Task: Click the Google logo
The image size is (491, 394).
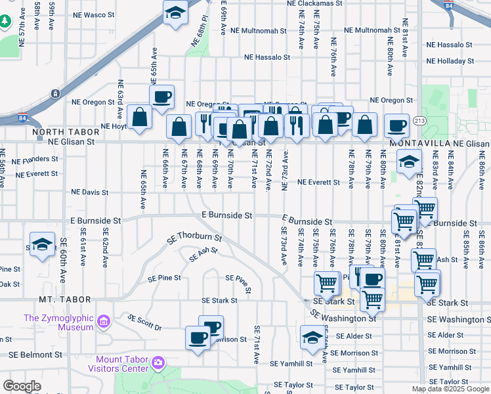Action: [22, 386]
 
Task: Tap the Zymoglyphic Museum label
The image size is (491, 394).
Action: [58, 322]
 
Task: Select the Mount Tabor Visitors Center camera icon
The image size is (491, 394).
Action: [158, 362]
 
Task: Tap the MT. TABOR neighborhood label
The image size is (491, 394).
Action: [64, 299]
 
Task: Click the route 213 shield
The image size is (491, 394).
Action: [421, 121]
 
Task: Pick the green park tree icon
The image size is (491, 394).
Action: [5, 22]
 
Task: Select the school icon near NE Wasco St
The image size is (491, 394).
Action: [175, 13]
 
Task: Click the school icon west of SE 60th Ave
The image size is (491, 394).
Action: [42, 244]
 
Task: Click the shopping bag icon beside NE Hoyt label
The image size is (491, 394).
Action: [140, 118]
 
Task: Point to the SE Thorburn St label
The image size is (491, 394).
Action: [195, 240]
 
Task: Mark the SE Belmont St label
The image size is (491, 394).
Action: [35, 355]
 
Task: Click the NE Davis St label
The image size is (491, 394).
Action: [91, 192]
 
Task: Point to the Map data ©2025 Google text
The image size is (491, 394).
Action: [450, 389]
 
